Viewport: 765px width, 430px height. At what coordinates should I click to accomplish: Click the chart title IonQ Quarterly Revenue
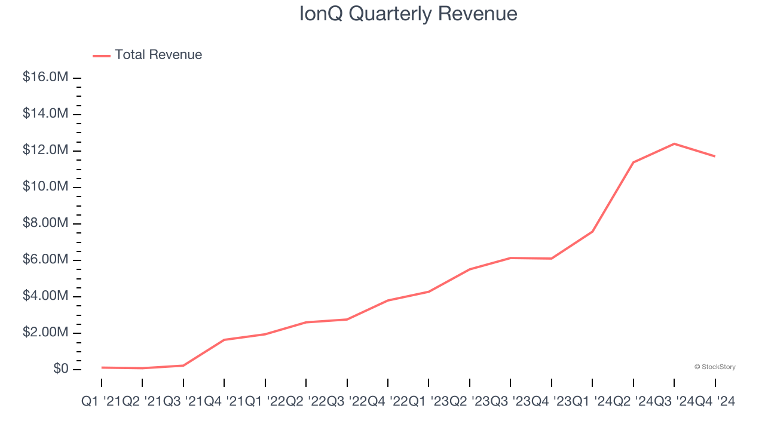tap(408, 14)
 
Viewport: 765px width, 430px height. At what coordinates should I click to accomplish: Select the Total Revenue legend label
tap(158, 55)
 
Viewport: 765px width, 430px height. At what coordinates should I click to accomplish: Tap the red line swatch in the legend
tap(102, 56)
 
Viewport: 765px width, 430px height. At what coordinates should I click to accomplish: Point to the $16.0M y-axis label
tap(45, 78)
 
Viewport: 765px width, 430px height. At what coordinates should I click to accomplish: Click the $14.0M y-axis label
tap(45, 113)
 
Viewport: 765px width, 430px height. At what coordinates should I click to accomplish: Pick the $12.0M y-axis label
tap(45, 150)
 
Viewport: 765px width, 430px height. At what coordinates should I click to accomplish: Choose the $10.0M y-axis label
tap(45, 186)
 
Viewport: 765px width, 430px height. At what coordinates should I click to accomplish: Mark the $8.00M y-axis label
tap(45, 223)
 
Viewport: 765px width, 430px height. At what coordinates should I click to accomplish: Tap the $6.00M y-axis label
tap(45, 260)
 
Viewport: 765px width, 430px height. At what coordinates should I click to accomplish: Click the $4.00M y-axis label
tap(45, 296)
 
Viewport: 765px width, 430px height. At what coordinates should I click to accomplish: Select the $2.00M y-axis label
tap(45, 333)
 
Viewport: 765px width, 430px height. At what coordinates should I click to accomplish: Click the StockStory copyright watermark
tap(715, 367)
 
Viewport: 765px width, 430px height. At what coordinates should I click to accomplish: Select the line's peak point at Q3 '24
tap(674, 144)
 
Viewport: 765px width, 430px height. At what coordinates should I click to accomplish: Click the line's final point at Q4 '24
tap(715, 156)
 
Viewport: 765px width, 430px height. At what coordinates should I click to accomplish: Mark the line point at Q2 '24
tap(633, 162)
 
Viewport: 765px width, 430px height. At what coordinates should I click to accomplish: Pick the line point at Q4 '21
tap(224, 340)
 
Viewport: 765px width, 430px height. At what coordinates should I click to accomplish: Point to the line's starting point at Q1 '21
tap(102, 367)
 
